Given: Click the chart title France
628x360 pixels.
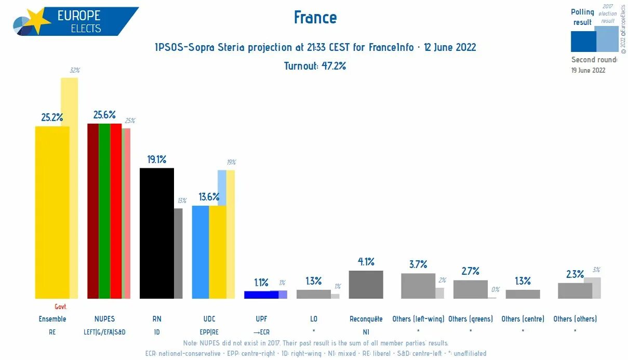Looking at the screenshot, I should [x=315, y=18].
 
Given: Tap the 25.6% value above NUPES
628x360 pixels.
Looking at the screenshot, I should [x=104, y=115].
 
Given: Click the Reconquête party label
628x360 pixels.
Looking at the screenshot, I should [x=366, y=319].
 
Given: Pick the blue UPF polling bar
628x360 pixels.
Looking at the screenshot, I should [x=261, y=295].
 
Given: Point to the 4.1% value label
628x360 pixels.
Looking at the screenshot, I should [x=366, y=261].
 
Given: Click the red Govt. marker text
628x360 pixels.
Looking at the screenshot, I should [x=61, y=307].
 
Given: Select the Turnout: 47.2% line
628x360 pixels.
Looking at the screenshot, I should [x=315, y=66].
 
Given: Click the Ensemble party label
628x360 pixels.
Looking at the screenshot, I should [x=52, y=319].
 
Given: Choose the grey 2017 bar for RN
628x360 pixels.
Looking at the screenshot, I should [x=178, y=253].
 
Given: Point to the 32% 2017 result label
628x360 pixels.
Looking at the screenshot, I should [x=75, y=70].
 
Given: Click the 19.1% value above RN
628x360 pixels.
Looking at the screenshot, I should [x=157, y=159].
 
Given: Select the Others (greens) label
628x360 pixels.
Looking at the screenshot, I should [x=470, y=319].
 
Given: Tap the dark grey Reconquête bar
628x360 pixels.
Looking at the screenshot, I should [x=366, y=284].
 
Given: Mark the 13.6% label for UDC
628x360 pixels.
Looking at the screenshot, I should [x=209, y=197].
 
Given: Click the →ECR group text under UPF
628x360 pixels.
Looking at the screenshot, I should [x=261, y=331].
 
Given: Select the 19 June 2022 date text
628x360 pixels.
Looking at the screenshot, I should [x=588, y=70].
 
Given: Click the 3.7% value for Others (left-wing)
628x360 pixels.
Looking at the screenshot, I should [x=418, y=264].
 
